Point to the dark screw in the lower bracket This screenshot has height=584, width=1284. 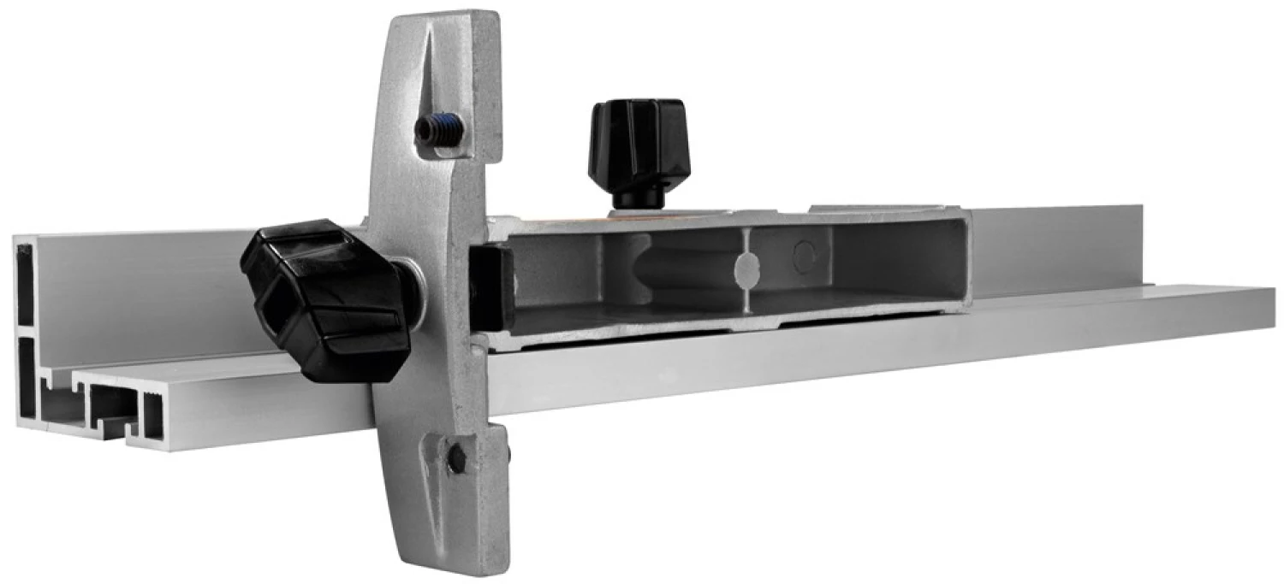456,457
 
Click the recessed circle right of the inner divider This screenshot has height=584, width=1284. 803,255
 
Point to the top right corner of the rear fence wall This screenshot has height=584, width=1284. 1142,208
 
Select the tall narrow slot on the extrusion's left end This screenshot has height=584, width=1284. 25,286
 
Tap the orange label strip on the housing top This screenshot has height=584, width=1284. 565,220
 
